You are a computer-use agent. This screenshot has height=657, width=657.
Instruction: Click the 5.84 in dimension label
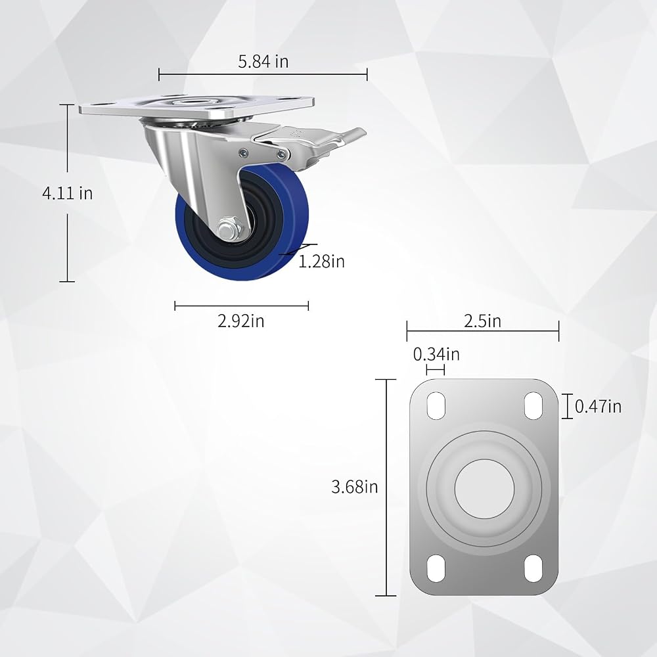[263, 62]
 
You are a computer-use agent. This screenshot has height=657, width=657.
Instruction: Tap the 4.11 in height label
[68, 193]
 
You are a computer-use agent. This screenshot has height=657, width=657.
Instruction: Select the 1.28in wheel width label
[321, 261]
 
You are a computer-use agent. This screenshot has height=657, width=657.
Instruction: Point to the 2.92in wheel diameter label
[241, 321]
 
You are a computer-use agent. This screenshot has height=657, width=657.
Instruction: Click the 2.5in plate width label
[482, 321]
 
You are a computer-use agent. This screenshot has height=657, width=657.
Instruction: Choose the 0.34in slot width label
[436, 355]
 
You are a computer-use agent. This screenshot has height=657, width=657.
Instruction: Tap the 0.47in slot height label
[598, 407]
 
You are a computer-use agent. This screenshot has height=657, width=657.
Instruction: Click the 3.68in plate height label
[355, 487]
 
